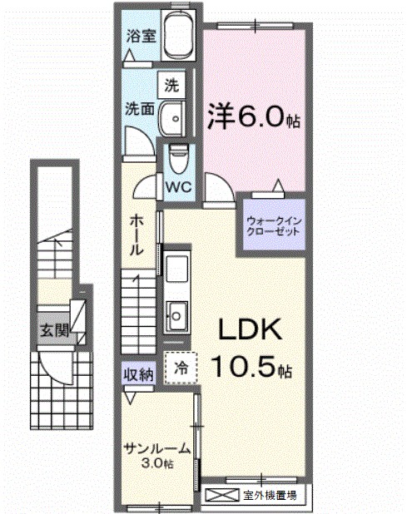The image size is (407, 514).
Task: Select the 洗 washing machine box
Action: click(x=171, y=84)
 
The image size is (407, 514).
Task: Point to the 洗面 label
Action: click(x=138, y=108)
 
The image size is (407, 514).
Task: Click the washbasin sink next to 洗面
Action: click(x=173, y=117)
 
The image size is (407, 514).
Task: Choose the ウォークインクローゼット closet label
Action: click(x=272, y=225)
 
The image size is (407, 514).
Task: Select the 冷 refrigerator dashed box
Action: click(x=181, y=367)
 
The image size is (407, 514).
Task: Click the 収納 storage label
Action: click(x=139, y=374)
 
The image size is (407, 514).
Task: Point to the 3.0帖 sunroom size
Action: click(x=156, y=462)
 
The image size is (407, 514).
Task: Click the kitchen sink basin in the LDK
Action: click(x=176, y=314)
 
